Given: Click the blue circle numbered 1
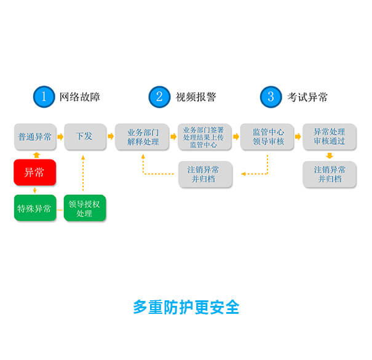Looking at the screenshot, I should coord(44,97).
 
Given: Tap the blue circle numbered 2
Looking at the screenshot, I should coord(159,97).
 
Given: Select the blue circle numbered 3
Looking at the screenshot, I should coord(271,97).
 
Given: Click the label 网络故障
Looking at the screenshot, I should coord(79,97).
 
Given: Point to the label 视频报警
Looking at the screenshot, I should coord(196,97).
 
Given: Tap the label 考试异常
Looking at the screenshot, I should coord(307,97).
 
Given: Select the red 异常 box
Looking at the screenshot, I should coord(35,173).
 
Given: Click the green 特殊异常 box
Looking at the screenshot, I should coord(35,208).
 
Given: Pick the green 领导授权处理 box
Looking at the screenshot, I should coord(84,208).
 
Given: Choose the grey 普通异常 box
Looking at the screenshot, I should coord(35,137).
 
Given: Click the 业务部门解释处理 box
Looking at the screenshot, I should coord(143,137).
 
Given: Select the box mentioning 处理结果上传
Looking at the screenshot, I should coord(204,137).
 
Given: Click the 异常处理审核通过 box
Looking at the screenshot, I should coord(330,137).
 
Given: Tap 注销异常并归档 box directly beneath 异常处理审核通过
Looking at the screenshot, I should coord(330,174).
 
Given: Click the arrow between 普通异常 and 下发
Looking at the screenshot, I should coord(60,137).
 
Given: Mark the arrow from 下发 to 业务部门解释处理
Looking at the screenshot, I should coord(109,137).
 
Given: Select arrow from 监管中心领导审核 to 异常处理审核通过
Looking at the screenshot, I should coord(298,137).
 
